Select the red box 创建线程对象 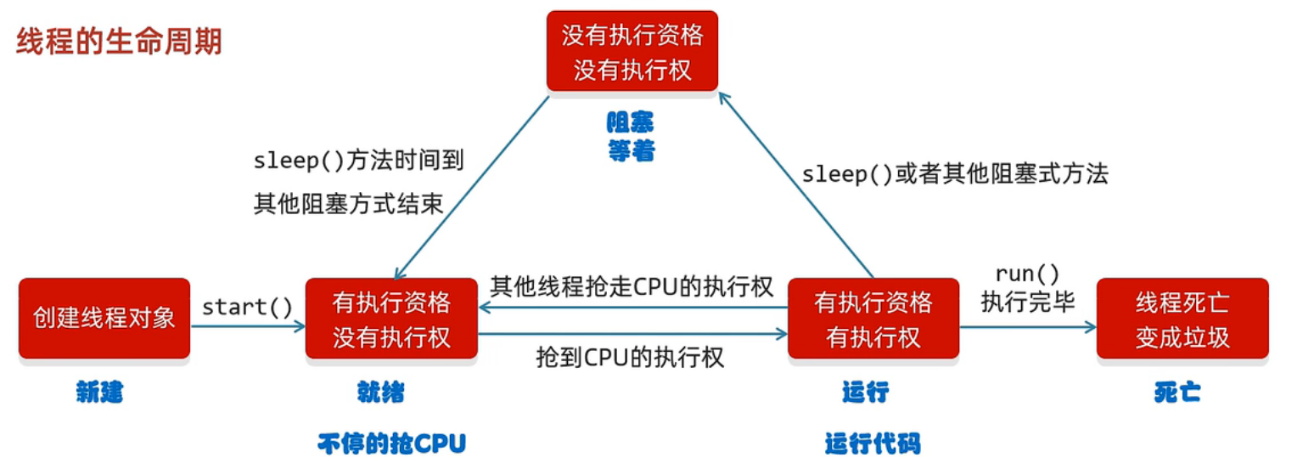pos(104,318)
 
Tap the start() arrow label pos(247,306)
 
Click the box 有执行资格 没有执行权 pos(391,318)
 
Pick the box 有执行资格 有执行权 pos(873,318)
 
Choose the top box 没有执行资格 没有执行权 pos(632,51)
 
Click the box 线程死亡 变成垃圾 pos(1182,318)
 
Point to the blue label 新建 pos(99,393)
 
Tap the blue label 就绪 pos(381,393)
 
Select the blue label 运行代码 pos(872,444)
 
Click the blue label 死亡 pos(1177,393)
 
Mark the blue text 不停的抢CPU pos(392,444)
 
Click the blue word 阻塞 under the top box pos(630,124)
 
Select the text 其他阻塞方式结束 pos(348,205)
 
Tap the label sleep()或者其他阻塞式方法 pos(955,174)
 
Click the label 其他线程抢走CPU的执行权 pos(632,286)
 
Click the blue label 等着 pos(630,151)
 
